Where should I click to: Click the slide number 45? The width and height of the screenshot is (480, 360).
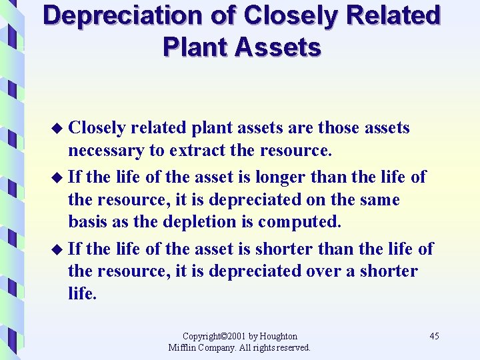coord(434,336)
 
